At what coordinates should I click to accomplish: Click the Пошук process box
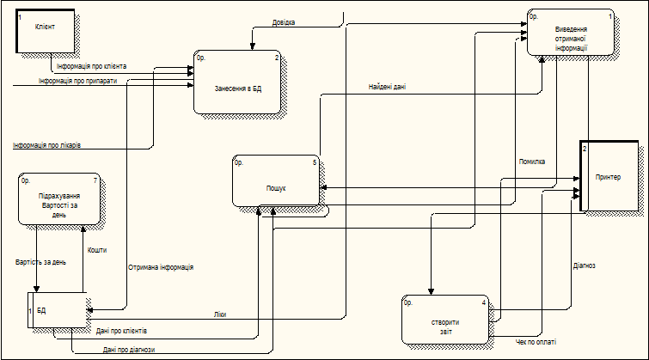(x=276, y=181)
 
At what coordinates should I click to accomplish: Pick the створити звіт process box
(x=445, y=321)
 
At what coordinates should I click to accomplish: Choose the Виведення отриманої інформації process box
(x=571, y=39)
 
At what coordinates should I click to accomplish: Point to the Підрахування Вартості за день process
(x=58, y=201)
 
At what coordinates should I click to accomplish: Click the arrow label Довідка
(x=284, y=22)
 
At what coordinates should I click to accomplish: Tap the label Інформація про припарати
(x=77, y=82)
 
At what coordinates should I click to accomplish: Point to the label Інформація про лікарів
(x=47, y=145)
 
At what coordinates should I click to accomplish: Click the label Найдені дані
(x=387, y=87)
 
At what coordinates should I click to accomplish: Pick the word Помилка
(x=531, y=162)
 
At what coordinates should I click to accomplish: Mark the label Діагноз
(x=584, y=265)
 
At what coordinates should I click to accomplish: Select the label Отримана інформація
(x=160, y=267)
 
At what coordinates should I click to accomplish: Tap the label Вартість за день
(x=40, y=261)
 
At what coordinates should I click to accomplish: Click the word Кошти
(x=96, y=249)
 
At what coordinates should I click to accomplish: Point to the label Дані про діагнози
(x=129, y=350)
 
